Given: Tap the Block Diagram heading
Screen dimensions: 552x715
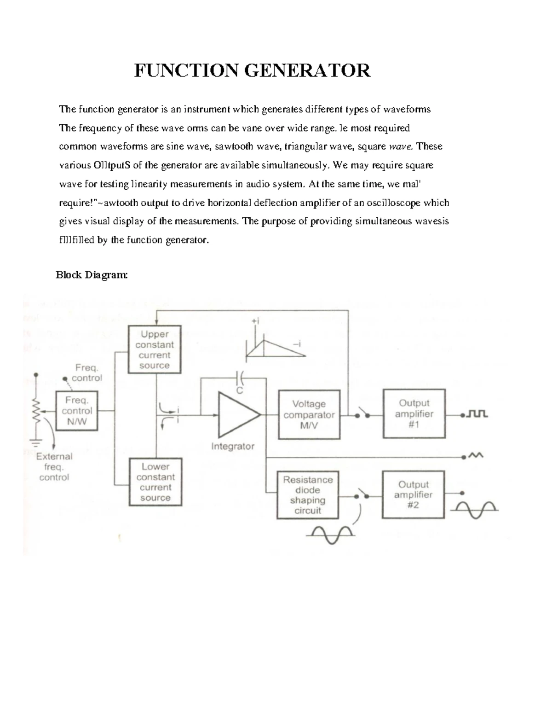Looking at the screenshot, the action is click(x=92, y=275).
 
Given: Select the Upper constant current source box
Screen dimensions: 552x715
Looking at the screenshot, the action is click(x=155, y=349).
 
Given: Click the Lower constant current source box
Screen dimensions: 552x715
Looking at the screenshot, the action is click(x=155, y=482).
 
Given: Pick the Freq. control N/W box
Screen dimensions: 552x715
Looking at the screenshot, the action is click(x=77, y=411).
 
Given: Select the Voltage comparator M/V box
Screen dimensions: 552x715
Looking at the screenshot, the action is click(x=309, y=415).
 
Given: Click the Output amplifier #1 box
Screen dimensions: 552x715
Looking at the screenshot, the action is click(x=414, y=413).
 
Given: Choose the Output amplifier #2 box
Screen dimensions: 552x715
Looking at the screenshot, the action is click(x=413, y=494).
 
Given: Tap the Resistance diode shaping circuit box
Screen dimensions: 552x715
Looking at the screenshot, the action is click(x=308, y=495).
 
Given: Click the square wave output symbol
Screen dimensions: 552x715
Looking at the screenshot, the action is click(x=477, y=414).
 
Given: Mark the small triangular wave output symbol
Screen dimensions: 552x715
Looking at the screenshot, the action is click(x=476, y=456).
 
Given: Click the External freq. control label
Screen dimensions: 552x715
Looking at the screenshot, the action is click(x=54, y=467).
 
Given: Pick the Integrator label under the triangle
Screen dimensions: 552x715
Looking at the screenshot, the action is click(x=233, y=446).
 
